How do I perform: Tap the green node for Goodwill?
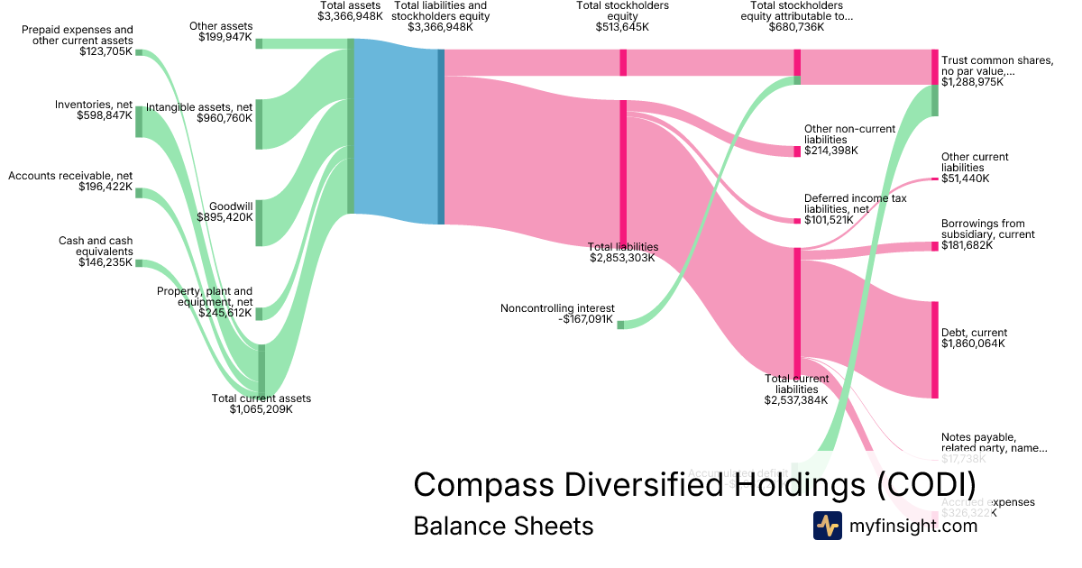click(259, 223)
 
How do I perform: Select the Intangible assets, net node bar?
click(259, 124)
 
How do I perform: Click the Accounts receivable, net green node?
click(139, 192)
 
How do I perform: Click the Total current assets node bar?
click(261, 371)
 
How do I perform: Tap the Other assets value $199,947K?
click(225, 38)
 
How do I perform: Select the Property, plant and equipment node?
click(259, 314)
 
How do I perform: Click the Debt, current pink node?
click(935, 350)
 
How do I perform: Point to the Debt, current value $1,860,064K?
click(973, 344)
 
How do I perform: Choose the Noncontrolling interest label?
click(556, 308)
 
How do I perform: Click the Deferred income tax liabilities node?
click(797, 221)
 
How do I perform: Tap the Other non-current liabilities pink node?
click(797, 151)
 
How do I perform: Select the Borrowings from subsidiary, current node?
click(935, 246)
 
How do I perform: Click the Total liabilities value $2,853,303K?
click(623, 258)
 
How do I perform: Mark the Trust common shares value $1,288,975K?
click(972, 82)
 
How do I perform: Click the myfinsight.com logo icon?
click(827, 526)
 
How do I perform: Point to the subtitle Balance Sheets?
click(503, 526)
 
